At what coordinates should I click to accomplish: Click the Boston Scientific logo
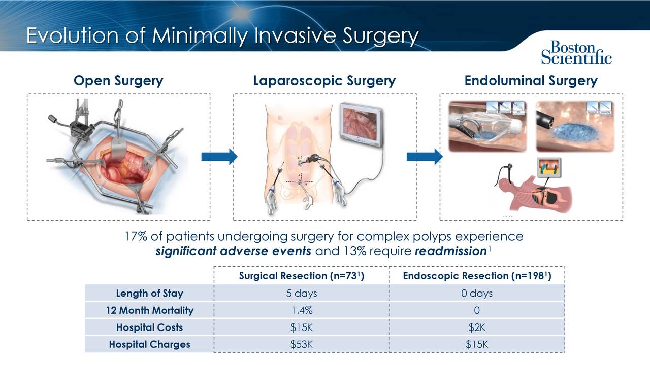click(576, 52)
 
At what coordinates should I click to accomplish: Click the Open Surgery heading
click(118, 81)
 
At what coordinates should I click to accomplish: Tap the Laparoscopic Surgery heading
click(324, 81)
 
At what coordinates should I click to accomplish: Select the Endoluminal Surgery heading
click(531, 81)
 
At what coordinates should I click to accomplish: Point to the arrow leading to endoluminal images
click(425, 157)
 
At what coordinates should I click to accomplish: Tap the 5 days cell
click(302, 294)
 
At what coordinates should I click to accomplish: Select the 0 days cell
click(476, 294)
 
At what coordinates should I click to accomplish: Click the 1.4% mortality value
click(302, 311)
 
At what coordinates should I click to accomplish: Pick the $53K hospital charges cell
click(302, 345)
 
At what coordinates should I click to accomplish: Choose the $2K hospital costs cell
click(476, 327)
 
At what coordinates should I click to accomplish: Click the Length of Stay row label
click(149, 294)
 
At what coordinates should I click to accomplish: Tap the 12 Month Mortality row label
click(149, 311)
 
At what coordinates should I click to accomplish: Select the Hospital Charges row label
click(149, 345)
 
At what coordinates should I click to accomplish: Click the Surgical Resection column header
click(302, 276)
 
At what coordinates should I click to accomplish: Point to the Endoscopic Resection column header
click(476, 276)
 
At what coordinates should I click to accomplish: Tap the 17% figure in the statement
click(136, 237)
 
